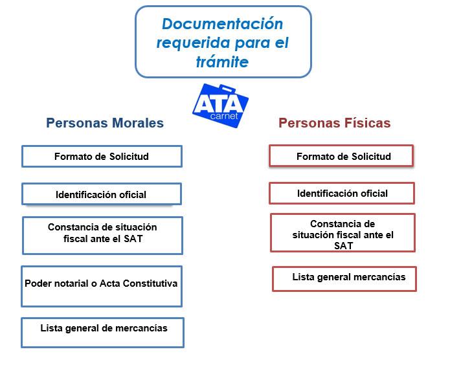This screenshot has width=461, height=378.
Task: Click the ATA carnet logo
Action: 221,106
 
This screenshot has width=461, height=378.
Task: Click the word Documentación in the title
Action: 222,24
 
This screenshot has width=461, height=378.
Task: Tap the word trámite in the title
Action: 222,61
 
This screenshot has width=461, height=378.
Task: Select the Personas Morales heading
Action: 105,123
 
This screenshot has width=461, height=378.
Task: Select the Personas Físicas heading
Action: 335,123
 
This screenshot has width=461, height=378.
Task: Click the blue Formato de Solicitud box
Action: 102,157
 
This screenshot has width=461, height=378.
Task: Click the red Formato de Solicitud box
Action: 341,156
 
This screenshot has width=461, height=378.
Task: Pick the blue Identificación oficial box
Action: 102,194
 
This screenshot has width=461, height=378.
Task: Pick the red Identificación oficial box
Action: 342,193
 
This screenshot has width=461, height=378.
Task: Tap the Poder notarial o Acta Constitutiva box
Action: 102,286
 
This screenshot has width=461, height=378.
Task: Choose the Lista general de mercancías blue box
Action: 102,333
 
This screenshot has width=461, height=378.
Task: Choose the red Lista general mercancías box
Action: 344,279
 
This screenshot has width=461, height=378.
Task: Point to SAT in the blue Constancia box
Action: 133,239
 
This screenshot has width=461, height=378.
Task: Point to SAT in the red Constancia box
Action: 343,246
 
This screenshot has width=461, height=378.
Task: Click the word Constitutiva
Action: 150,283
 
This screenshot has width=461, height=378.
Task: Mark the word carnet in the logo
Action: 224,116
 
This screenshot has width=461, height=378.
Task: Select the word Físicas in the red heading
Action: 368,123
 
